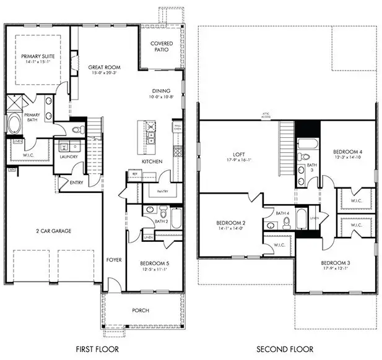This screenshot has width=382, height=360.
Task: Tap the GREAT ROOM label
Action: pyautogui.click(x=104, y=67)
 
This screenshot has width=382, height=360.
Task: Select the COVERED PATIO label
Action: pyautogui.click(x=162, y=47)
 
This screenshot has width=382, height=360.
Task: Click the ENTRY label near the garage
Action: pyautogui.click(x=76, y=182)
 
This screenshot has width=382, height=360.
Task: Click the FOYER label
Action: pyautogui.click(x=113, y=260)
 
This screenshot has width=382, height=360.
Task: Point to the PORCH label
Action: pyautogui.click(x=141, y=310)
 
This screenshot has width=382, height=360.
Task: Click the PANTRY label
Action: pyautogui.click(x=163, y=191)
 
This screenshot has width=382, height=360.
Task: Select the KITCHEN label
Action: pyautogui.click(x=152, y=161)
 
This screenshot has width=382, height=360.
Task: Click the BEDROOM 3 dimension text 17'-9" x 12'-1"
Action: pyautogui.click(x=335, y=268)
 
